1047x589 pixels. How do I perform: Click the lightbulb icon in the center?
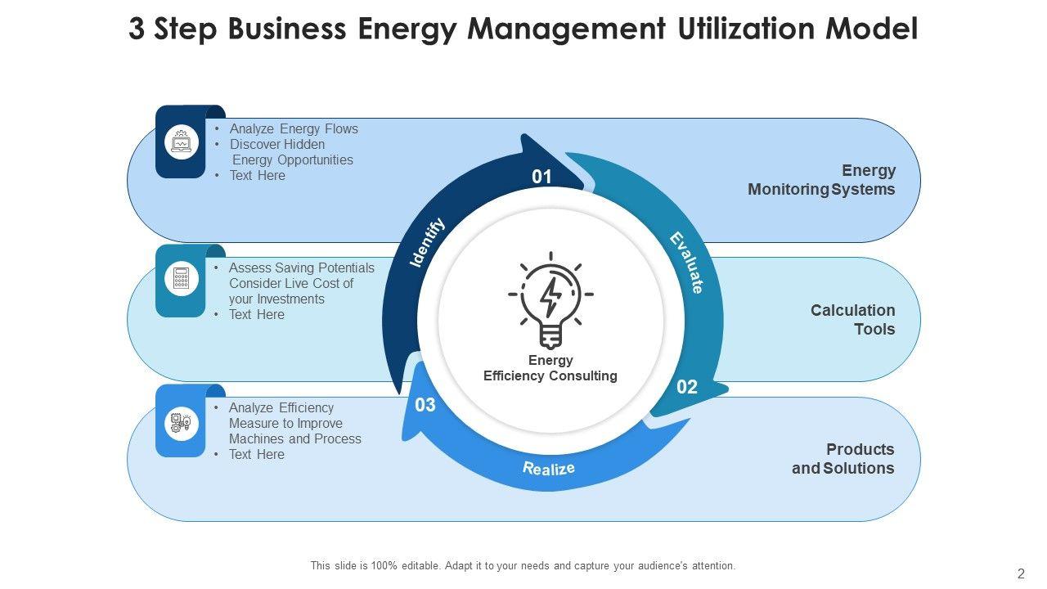point(550,299)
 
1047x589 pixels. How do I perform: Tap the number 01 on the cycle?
point(542,177)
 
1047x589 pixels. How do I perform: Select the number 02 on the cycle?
point(687,387)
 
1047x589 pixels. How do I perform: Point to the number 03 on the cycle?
point(425,405)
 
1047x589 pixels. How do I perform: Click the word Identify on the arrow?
point(427,242)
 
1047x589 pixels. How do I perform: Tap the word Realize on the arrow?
point(549,469)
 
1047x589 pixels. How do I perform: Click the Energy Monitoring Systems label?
point(821,180)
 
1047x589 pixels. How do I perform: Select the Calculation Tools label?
point(852,320)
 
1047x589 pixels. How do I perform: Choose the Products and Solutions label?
point(843,459)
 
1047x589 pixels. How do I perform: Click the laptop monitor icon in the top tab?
point(181,142)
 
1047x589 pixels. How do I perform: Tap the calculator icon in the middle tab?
point(181,280)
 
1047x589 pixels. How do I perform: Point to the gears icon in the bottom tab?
point(181,423)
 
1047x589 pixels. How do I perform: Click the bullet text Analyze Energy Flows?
point(294,129)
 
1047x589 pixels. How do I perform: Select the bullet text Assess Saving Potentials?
point(301,268)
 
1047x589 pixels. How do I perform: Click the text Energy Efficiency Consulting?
point(550,368)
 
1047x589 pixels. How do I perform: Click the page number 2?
point(1021,573)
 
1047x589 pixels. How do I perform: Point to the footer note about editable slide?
point(523,565)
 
